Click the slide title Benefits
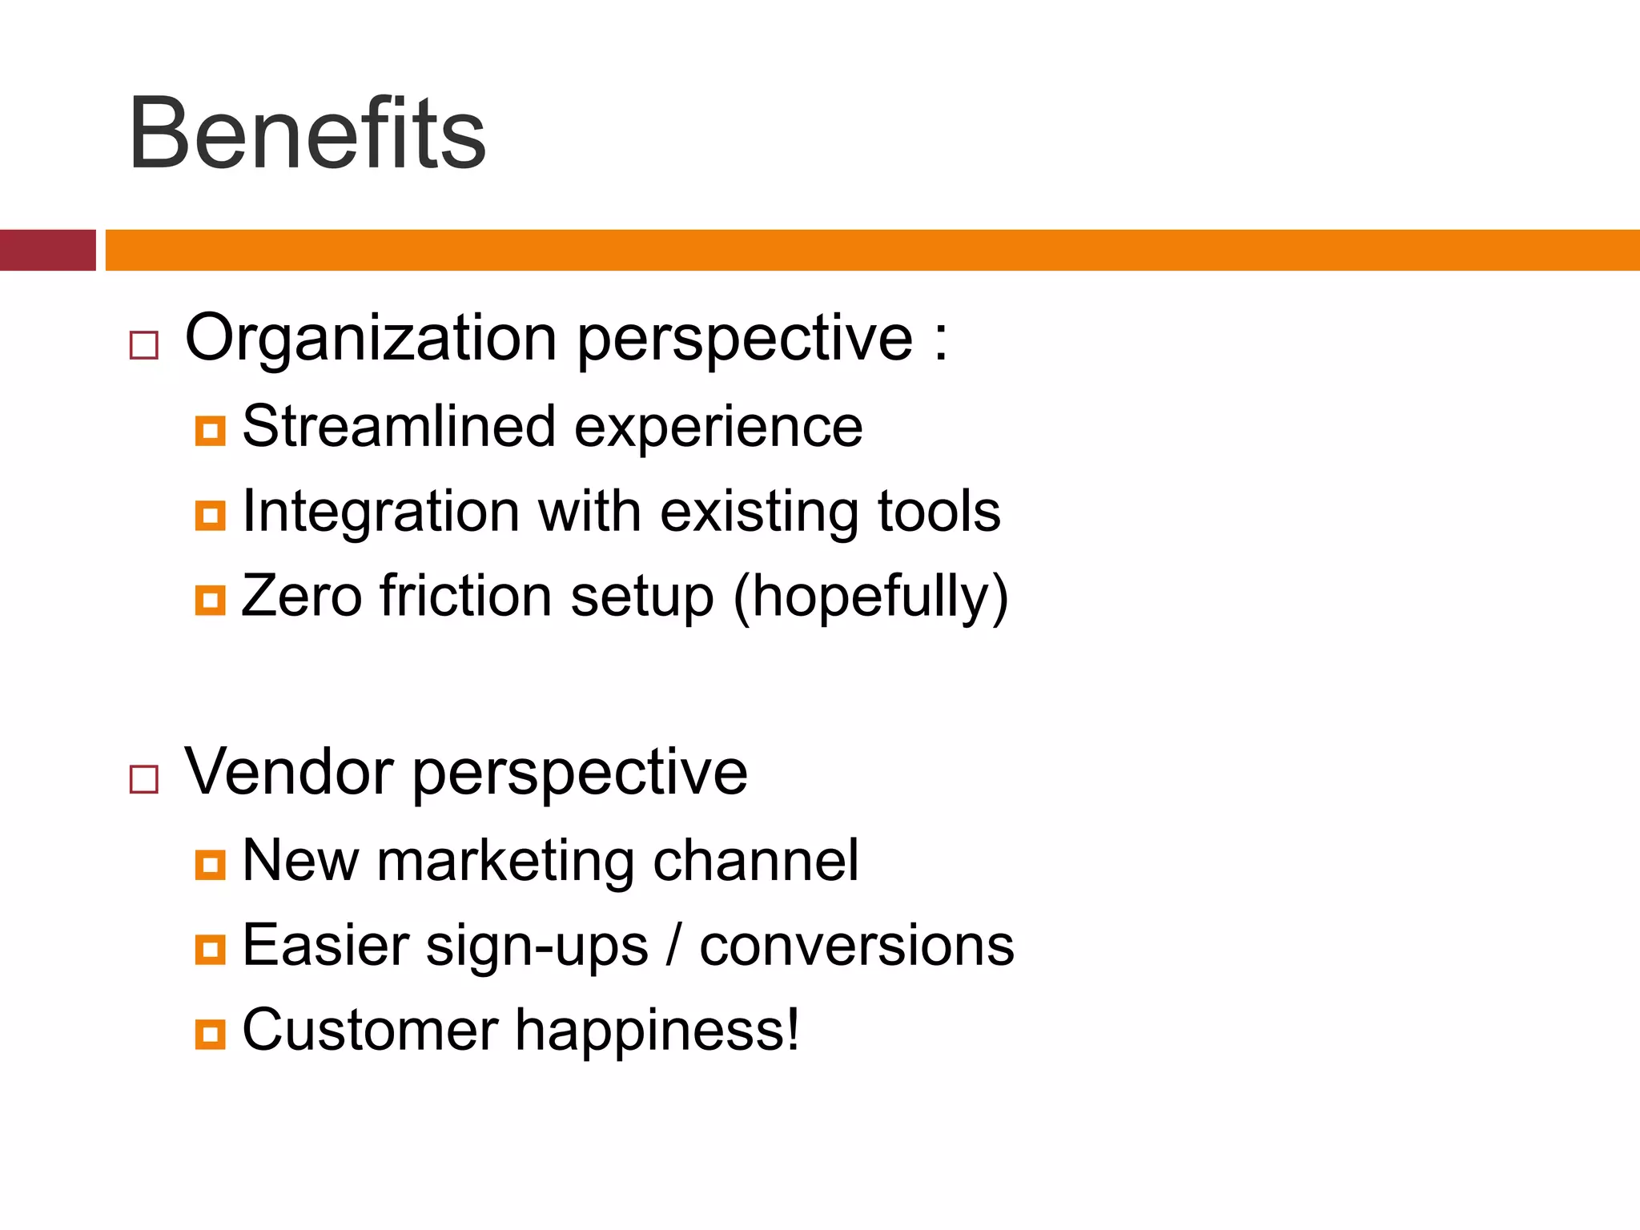(x=307, y=133)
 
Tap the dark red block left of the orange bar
(x=47, y=250)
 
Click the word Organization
(x=370, y=340)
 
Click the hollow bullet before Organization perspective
(x=144, y=345)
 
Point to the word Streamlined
(x=398, y=426)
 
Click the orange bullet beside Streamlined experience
(x=210, y=431)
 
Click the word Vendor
(x=288, y=772)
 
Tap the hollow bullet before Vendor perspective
(x=144, y=778)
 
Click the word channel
(x=755, y=862)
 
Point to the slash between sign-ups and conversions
(x=673, y=947)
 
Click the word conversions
(x=856, y=947)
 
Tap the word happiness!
(x=657, y=1031)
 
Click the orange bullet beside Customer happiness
(x=210, y=1034)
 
